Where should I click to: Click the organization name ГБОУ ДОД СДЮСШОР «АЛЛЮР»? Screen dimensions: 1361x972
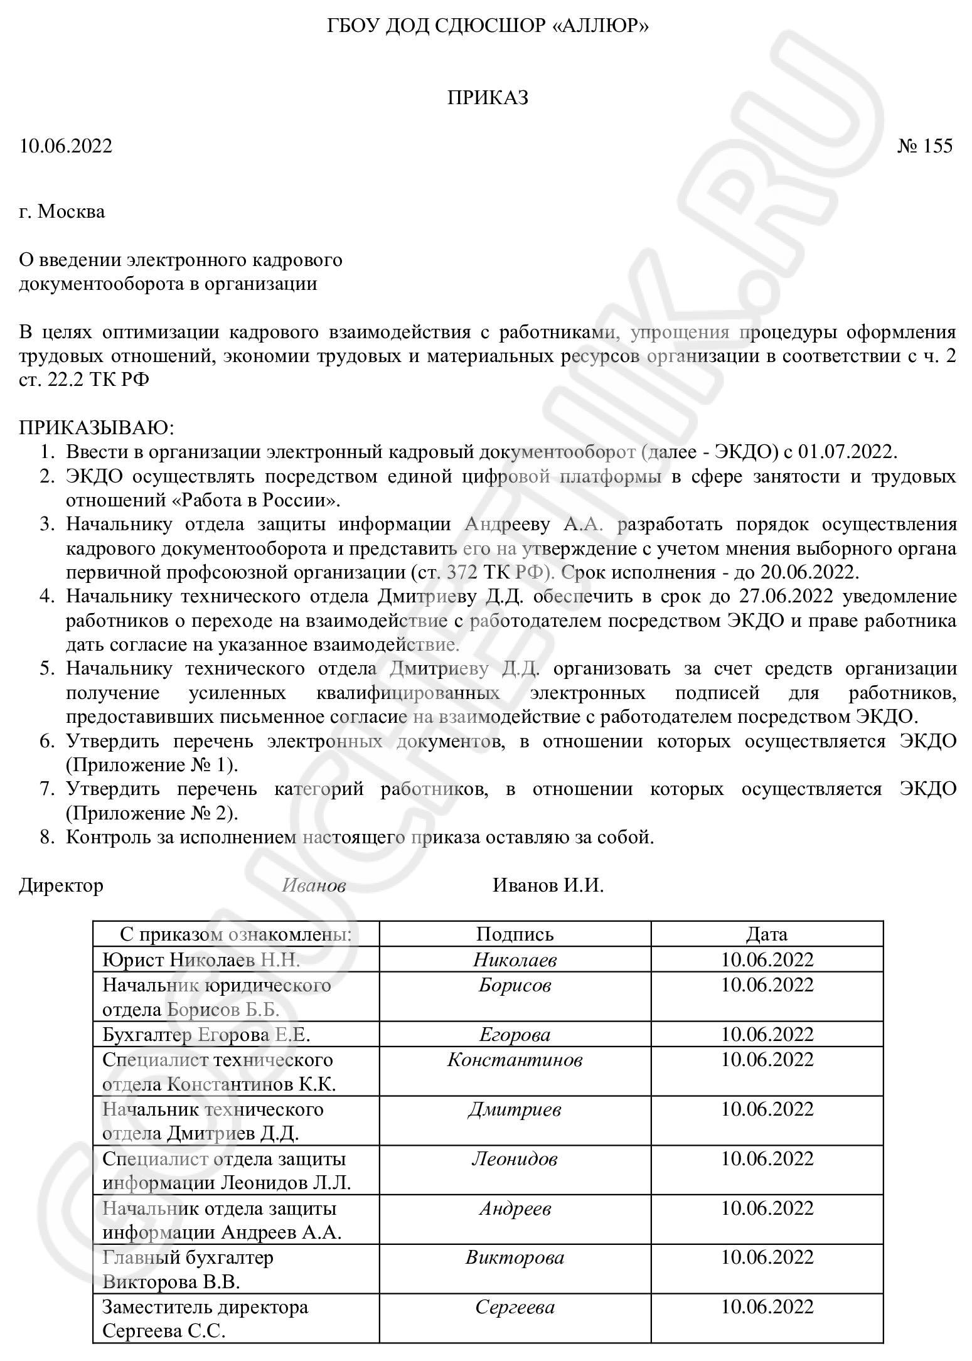[488, 26]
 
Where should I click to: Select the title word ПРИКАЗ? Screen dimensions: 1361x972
[488, 98]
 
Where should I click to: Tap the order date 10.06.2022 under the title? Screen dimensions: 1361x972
[66, 146]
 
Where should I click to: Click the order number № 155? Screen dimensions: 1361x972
[925, 146]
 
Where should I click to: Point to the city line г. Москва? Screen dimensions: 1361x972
[62, 211]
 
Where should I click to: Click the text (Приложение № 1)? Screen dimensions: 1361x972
[152, 766]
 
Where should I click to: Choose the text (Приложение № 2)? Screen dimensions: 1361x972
[152, 814]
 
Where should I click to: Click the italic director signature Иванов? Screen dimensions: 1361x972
[314, 885]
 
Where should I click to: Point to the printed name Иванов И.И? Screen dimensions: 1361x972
[548, 885]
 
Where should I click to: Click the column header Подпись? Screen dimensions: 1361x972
[515, 934]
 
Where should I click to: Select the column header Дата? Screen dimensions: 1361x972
[766, 934]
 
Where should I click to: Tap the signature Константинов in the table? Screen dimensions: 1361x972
[515, 1060]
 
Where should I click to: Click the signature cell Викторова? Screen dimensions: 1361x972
[515, 1257]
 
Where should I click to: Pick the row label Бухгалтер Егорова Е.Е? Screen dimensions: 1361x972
[206, 1035]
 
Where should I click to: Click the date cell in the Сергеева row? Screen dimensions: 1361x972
[767, 1307]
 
